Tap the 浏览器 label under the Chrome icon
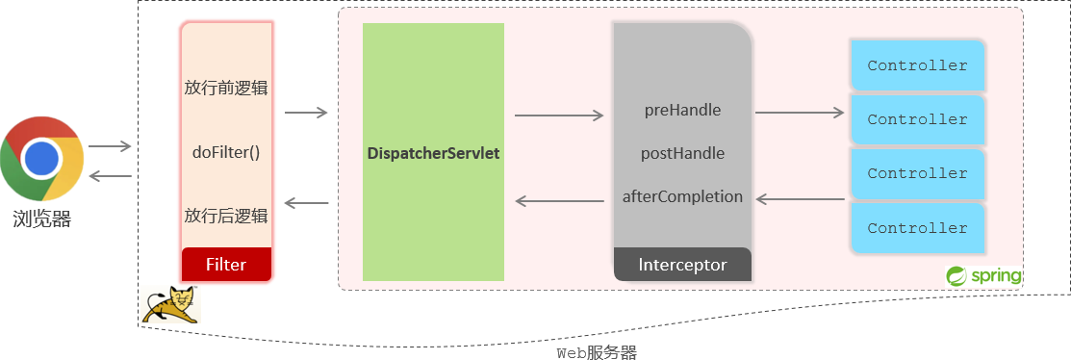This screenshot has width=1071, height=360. click(x=41, y=219)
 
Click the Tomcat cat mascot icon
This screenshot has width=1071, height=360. click(x=169, y=304)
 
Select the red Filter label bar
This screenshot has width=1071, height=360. click(x=226, y=264)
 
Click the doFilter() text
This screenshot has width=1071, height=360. click(x=226, y=152)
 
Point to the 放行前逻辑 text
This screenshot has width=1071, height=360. click(x=226, y=88)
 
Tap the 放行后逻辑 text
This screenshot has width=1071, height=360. click(x=226, y=215)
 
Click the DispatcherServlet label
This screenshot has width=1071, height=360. click(x=433, y=153)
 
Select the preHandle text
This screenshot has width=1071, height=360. click(x=682, y=110)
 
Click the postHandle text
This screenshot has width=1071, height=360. click(x=682, y=153)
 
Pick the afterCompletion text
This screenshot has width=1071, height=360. click(x=682, y=196)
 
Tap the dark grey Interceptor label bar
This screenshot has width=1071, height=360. click(x=682, y=265)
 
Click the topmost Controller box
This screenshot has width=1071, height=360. click(x=917, y=65)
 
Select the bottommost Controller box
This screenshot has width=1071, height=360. click(x=917, y=228)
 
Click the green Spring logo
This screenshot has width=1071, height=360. click(x=982, y=276)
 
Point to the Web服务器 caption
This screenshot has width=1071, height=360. click(x=597, y=352)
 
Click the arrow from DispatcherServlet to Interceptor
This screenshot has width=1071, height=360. click(x=558, y=116)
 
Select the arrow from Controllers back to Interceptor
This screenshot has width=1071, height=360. click(x=800, y=200)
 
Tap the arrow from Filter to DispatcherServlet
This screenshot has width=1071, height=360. click(x=306, y=113)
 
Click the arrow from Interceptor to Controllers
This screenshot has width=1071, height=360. click(x=799, y=113)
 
